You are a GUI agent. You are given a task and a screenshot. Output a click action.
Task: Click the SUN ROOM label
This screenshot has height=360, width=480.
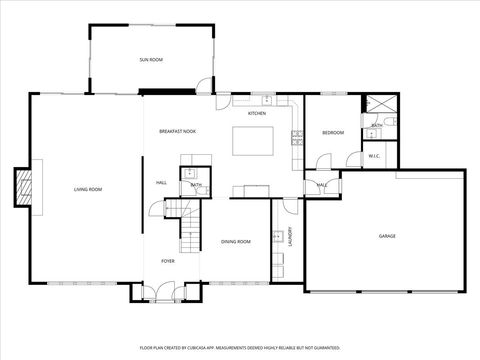[x=151, y=60]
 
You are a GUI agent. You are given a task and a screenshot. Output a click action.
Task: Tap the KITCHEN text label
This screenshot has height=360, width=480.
[x=257, y=113]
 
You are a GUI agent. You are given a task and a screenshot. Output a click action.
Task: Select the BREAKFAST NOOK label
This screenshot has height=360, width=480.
[x=177, y=132]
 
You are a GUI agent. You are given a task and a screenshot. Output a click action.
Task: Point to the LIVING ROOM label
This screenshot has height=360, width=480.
[x=88, y=188]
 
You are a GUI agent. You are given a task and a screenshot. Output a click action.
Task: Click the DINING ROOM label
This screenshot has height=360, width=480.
[x=236, y=241]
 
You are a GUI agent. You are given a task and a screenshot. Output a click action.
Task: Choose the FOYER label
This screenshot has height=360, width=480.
[x=168, y=261]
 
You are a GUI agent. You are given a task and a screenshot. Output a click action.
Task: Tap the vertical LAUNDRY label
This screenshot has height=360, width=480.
[x=290, y=237]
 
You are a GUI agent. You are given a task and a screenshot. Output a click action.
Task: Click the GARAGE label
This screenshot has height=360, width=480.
[x=387, y=236]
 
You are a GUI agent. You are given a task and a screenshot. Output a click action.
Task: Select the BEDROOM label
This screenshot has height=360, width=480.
[x=333, y=132]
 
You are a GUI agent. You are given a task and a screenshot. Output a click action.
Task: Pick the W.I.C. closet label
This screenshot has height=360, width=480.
[x=374, y=156]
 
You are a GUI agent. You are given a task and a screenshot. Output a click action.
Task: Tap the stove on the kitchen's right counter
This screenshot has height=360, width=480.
[x=297, y=139]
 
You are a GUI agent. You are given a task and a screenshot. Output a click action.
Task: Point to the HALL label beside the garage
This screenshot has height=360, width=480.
[x=322, y=185]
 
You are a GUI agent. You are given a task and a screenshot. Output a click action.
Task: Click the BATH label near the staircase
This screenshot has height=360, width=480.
[x=197, y=185]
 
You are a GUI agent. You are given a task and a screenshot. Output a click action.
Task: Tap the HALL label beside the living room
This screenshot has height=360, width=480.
[x=161, y=183]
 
